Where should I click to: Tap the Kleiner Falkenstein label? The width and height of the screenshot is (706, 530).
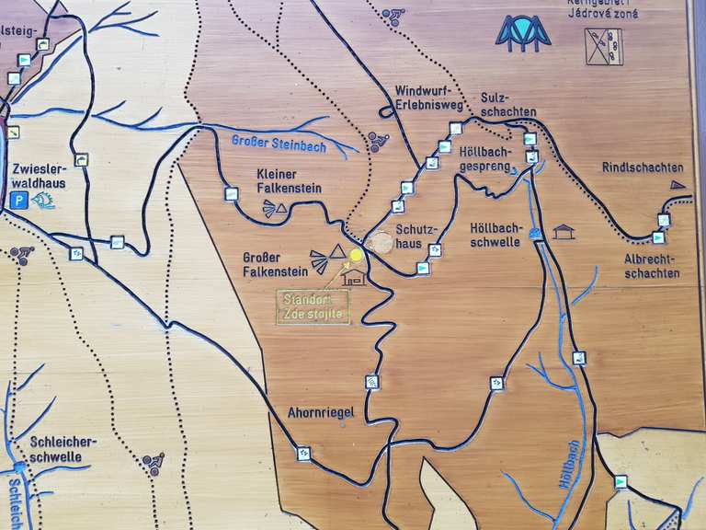click(289, 181)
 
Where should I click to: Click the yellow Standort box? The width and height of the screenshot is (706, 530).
click(313, 307)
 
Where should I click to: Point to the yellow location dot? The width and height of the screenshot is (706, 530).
click(357, 255)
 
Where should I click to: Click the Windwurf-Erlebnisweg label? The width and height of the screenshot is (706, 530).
click(427, 98)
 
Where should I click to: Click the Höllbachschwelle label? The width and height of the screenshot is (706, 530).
click(495, 235)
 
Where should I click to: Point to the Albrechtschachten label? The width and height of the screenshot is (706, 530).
click(652, 266)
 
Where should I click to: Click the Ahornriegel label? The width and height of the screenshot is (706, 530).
click(321, 413)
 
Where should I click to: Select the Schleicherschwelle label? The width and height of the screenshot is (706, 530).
click(62, 449)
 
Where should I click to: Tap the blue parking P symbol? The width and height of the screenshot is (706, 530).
click(17, 201)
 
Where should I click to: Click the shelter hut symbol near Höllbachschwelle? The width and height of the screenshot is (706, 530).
click(564, 232)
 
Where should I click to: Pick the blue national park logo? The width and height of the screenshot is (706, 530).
click(522, 32)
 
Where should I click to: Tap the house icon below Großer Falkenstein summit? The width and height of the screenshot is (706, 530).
click(352, 275)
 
